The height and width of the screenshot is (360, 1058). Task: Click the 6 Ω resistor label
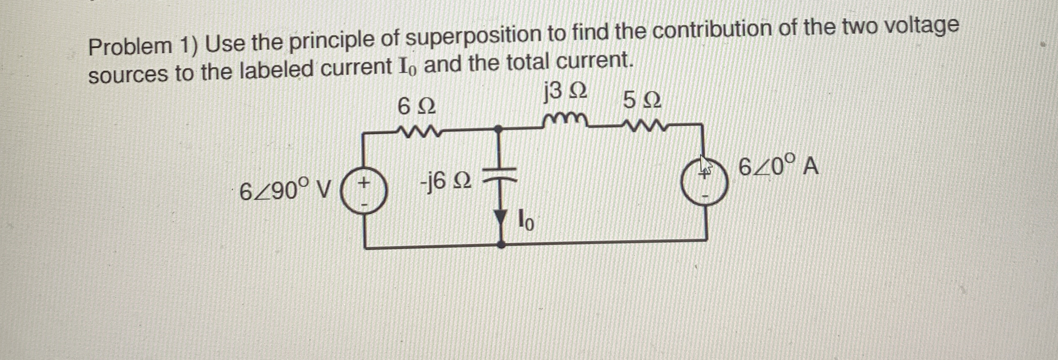(416, 106)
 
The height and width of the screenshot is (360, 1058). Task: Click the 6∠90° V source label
(285, 192)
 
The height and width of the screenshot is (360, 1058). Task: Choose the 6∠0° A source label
(778, 167)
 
